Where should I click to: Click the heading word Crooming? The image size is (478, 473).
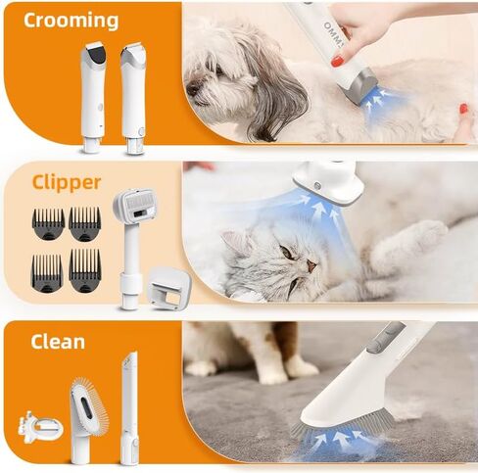point(71,21)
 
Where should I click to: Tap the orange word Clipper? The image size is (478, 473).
point(67,182)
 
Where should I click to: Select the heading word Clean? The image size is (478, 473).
point(58,341)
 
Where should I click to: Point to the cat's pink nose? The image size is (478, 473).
point(311,265)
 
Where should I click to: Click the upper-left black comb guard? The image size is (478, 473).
point(48,223)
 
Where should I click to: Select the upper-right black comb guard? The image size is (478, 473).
point(84,223)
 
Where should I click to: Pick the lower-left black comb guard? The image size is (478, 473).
point(47,273)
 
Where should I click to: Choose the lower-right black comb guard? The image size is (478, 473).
point(85,270)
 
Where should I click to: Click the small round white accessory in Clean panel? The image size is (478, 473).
point(40,427)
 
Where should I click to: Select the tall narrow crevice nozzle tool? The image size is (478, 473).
point(129,408)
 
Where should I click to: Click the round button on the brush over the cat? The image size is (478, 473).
point(316,186)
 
